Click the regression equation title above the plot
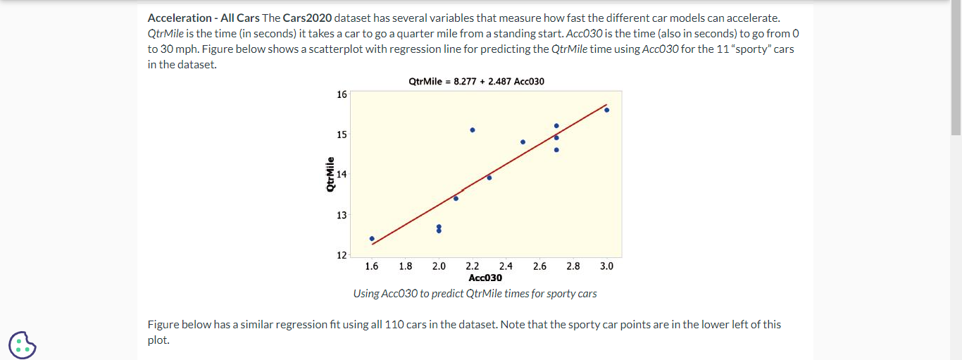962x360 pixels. pos(476,81)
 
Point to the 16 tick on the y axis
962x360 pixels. pos(342,94)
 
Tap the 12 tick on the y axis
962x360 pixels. pos(342,254)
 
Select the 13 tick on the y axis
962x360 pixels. pos(342,215)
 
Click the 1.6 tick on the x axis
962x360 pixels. pos(372,266)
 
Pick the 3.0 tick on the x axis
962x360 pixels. pos(606,266)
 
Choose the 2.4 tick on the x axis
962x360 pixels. pos(506,266)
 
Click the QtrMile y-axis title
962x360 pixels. pos(330,175)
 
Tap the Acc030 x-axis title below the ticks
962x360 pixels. pos(485,278)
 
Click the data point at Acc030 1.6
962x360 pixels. pos(372,238)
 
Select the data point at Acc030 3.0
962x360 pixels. pos(606,110)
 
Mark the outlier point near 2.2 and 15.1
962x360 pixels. pos(473,130)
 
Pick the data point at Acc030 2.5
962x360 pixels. pos(523,142)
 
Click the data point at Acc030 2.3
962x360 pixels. pos(489,178)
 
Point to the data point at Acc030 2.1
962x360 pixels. pos(456,198)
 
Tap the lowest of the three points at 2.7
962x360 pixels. pos(556,149)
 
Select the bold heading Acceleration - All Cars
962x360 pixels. pos(204,18)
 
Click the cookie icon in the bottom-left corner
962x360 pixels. pos(23,345)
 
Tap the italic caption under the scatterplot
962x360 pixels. pos(475,294)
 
